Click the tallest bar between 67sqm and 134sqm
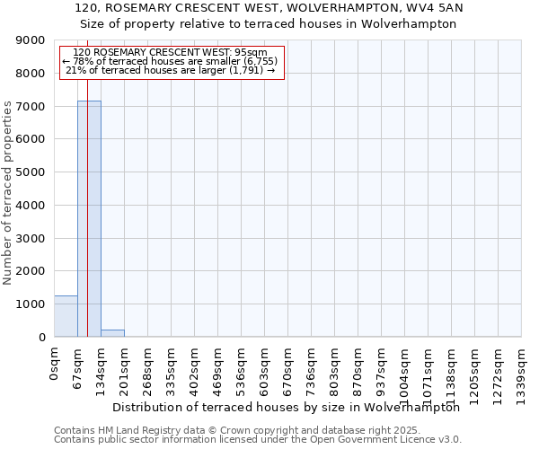coord(89,219)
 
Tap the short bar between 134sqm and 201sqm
coord(112,333)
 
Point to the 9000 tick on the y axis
coord(32,40)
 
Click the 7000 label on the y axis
coord(32,107)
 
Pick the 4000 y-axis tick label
coord(32,206)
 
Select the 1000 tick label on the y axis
coord(32,304)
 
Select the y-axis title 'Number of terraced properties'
coord(8,192)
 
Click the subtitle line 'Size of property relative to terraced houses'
coord(269,24)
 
